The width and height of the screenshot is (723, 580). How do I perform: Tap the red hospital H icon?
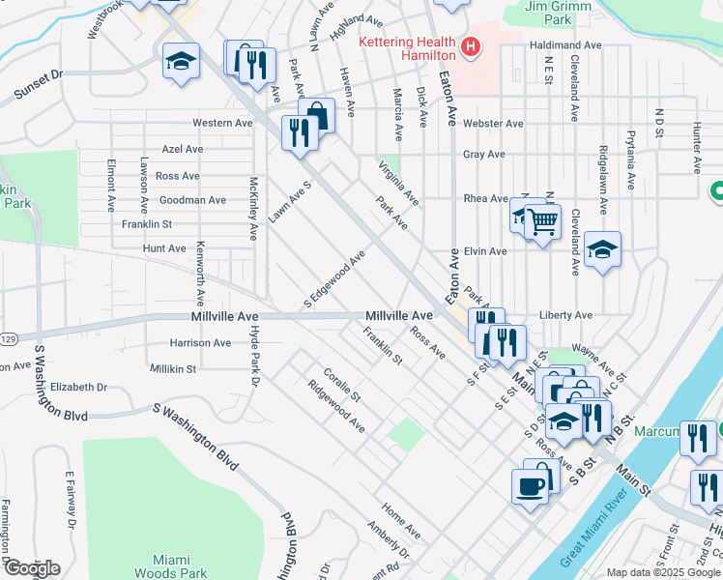pyautogui.click(x=471, y=46)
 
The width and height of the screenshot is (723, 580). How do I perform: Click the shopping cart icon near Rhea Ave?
pyautogui.click(x=543, y=221)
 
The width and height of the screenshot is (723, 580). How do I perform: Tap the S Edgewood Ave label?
pyautogui.click(x=334, y=275)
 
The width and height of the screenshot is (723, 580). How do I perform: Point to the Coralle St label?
pyautogui.click(x=341, y=385)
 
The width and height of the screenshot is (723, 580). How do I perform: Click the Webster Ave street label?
pyautogui.click(x=492, y=124)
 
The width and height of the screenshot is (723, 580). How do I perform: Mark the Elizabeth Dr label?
pyautogui.click(x=78, y=387)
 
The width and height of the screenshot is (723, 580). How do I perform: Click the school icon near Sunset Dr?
pyautogui.click(x=181, y=61)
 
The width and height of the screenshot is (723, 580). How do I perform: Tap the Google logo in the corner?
pyautogui.click(x=31, y=568)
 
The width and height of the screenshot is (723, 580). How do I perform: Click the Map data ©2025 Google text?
pyautogui.click(x=663, y=572)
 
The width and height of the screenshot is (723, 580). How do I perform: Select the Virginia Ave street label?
pyautogui.click(x=398, y=183)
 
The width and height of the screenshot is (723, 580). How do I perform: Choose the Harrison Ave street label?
pyautogui.click(x=200, y=342)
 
